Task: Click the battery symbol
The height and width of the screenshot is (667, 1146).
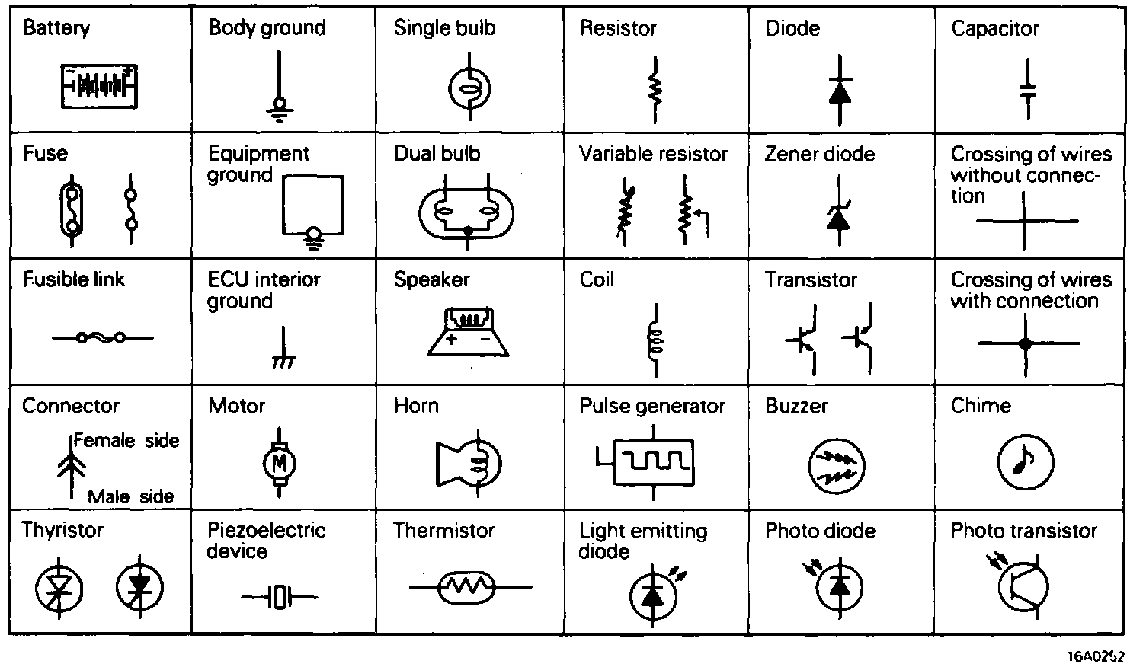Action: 100,85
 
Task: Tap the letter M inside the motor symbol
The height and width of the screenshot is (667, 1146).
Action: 279,462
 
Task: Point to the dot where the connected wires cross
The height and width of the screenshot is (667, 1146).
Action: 1025,344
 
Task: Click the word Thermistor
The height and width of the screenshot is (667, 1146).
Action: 444,530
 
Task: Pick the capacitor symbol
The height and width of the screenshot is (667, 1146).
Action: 1028,90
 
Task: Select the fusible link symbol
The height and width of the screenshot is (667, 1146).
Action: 102,337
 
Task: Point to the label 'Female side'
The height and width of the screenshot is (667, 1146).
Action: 126,441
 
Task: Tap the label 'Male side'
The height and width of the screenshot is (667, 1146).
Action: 131,497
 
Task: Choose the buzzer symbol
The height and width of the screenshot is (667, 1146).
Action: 836,465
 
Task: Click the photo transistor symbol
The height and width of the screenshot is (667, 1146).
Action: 1023,585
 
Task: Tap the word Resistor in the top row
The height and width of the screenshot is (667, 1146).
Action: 618,28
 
